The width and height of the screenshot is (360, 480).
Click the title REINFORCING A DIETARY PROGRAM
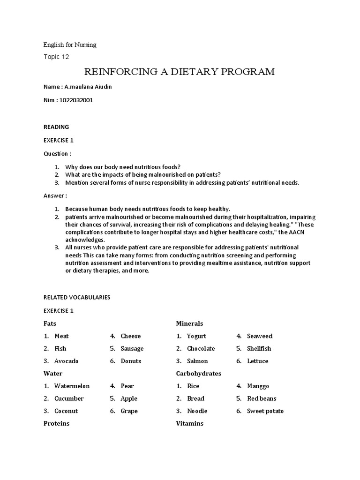(x=179, y=72)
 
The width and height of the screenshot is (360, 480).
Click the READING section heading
(x=56, y=127)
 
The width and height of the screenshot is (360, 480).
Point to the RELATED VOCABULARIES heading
(x=77, y=297)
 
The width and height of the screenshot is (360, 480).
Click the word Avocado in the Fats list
(x=67, y=361)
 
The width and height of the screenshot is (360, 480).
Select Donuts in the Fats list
(x=131, y=361)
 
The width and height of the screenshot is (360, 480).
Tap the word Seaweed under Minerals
(x=260, y=336)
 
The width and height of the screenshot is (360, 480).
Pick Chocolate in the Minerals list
(x=201, y=348)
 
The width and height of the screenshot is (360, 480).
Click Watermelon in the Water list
(x=72, y=386)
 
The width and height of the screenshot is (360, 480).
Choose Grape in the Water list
(x=129, y=411)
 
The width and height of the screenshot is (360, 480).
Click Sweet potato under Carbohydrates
(x=265, y=411)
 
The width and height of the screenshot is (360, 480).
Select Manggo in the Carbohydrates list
(x=258, y=386)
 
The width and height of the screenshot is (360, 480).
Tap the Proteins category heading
(x=56, y=423)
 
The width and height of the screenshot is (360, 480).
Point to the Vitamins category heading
(x=190, y=423)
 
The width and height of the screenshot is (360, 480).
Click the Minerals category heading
(x=189, y=323)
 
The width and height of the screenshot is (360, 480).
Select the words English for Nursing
(x=70, y=45)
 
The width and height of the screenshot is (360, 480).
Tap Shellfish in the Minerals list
(x=259, y=348)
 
